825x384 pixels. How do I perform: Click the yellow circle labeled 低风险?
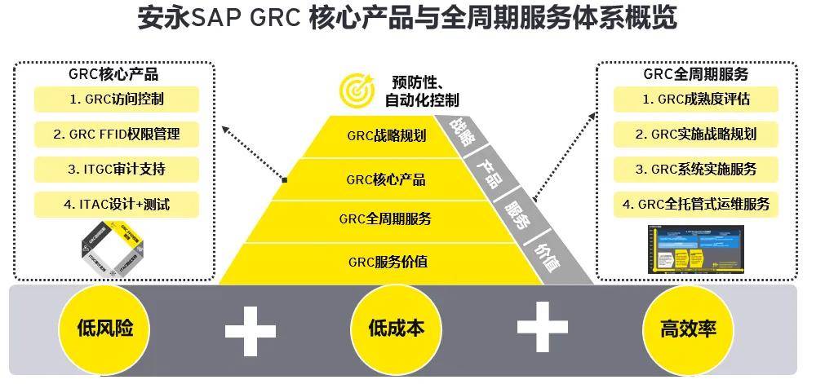pos(104,329)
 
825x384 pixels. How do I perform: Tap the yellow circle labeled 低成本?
pos(397,329)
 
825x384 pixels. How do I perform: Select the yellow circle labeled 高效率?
pos(688,329)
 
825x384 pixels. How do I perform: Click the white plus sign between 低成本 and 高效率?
pos(542,329)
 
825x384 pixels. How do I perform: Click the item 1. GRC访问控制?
pos(117,99)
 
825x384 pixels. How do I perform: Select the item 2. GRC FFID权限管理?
pos(117,135)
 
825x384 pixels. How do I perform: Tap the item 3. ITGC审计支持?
pos(117,170)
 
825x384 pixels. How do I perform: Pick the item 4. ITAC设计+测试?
pos(117,204)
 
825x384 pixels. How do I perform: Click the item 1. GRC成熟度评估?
pos(696,99)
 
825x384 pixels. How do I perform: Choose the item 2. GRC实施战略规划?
pos(696,135)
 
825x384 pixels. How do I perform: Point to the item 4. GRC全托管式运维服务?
pos(696,204)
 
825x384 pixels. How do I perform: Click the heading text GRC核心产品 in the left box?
pos(113,74)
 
